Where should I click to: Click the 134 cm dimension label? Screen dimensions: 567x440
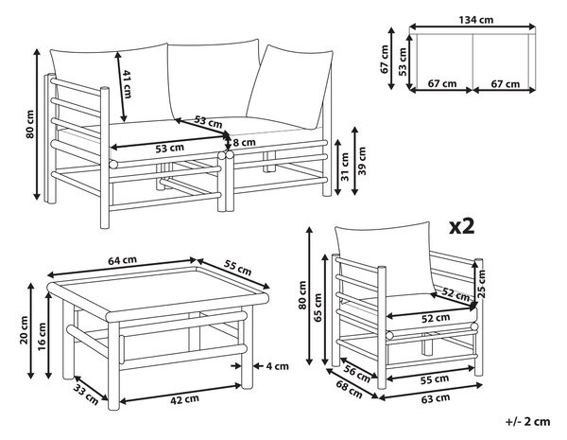476,20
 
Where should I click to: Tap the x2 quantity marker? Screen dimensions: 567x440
461,226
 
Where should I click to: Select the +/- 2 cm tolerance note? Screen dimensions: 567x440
528,421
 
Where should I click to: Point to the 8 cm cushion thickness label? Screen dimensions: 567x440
244,143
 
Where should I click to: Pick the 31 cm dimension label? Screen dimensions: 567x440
345,167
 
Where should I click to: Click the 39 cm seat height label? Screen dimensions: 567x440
362,161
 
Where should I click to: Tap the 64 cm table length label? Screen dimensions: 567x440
122,260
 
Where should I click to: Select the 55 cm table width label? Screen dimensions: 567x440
237,267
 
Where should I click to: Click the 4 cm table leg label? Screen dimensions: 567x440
277,366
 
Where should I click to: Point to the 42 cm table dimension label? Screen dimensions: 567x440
184,399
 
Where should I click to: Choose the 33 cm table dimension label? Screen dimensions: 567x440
86,395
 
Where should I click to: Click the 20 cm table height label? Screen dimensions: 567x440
25,330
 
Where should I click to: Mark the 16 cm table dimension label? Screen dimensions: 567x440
42,337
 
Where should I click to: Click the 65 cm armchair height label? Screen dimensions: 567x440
318,308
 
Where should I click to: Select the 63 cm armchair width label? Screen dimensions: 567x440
436,398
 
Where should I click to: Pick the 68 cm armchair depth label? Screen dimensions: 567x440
349,389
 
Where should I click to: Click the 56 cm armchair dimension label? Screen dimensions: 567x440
357,375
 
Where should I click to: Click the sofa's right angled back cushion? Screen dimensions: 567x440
289,87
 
